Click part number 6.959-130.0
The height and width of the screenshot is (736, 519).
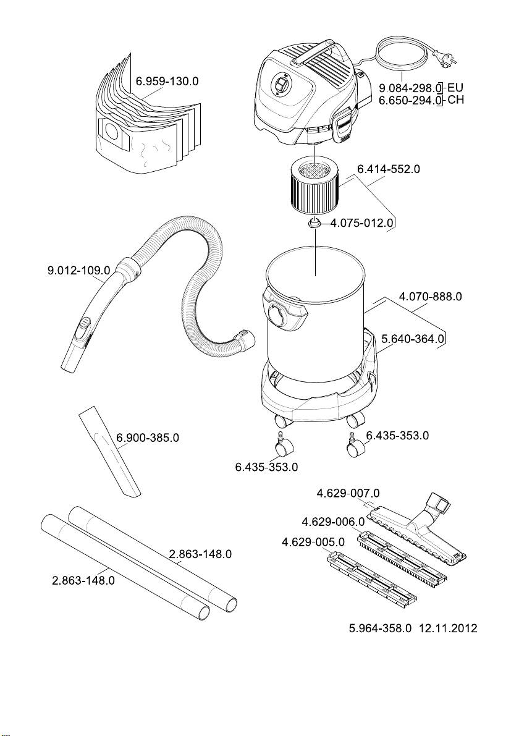(167, 81)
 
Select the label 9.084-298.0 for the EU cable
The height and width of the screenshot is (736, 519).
(410, 88)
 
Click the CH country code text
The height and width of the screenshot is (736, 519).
(455, 99)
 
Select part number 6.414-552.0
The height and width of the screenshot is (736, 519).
(389, 169)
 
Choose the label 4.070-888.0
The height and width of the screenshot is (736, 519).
(430, 297)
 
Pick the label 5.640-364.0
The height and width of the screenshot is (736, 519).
(413, 339)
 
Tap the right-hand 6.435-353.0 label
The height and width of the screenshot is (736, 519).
(397, 436)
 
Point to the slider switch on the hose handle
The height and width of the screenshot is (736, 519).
(85, 325)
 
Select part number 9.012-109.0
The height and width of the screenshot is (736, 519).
(79, 271)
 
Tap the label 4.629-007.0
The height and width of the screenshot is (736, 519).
(348, 493)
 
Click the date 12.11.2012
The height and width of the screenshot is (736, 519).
(448, 628)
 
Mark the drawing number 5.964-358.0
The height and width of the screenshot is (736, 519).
(380, 628)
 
